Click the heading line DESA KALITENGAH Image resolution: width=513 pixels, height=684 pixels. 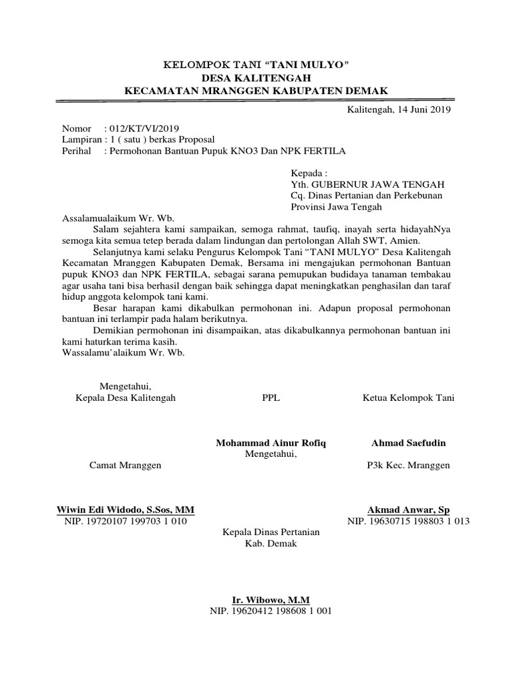[256, 77]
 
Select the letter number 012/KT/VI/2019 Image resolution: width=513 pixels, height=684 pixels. [142, 128]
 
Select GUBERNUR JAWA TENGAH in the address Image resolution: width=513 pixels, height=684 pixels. [378, 184]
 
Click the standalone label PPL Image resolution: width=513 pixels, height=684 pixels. [272, 398]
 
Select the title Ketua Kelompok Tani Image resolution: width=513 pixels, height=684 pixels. [408, 398]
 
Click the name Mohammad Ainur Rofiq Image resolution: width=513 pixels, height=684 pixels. [271, 444]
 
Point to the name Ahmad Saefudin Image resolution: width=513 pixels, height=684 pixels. [409, 444]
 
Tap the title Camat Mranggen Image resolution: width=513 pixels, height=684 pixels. [126, 465]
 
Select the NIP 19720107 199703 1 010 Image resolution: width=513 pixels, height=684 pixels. [126, 522]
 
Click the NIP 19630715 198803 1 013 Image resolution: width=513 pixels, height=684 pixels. [408, 522]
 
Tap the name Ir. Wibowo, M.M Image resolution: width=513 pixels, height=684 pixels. [271, 601]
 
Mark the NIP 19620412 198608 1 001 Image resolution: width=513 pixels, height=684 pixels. [271, 611]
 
